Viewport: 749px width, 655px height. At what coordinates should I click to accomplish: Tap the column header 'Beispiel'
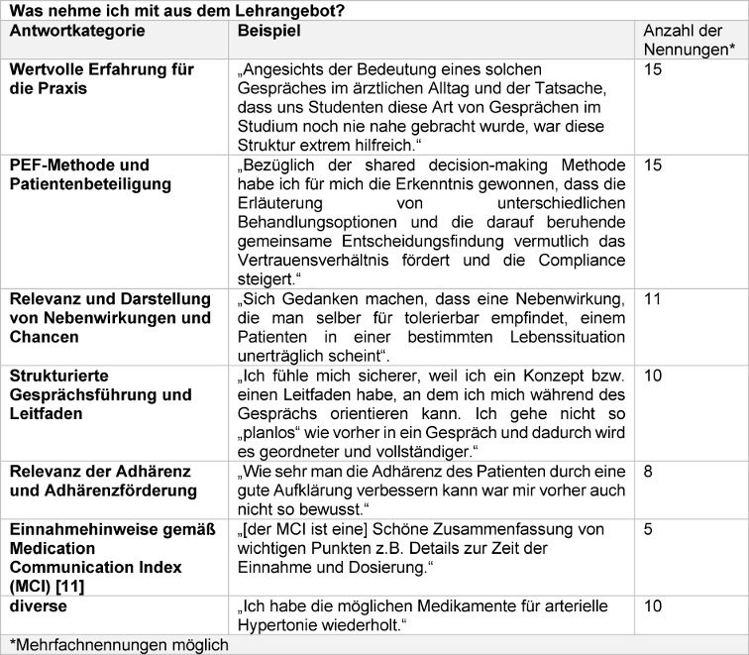tap(269, 31)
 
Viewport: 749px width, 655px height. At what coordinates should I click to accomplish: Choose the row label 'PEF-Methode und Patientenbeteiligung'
tap(89, 174)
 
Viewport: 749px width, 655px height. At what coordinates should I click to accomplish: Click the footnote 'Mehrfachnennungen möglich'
tap(117, 644)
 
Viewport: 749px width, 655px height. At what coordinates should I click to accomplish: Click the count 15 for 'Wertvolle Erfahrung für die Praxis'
tap(654, 70)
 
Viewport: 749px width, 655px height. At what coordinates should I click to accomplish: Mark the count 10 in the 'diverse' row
tap(654, 605)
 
